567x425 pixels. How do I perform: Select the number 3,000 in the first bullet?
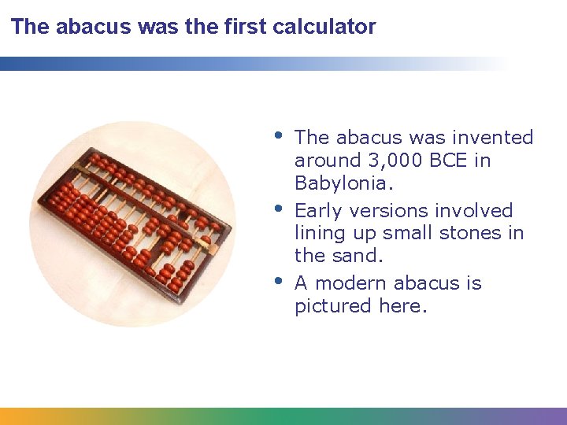tap(396, 161)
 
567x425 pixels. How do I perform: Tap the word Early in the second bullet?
tap(319, 211)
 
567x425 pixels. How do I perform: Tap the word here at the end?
tap(402, 306)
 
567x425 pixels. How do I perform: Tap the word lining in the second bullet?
tap(319, 233)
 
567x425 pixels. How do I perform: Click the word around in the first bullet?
tap(328, 161)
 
